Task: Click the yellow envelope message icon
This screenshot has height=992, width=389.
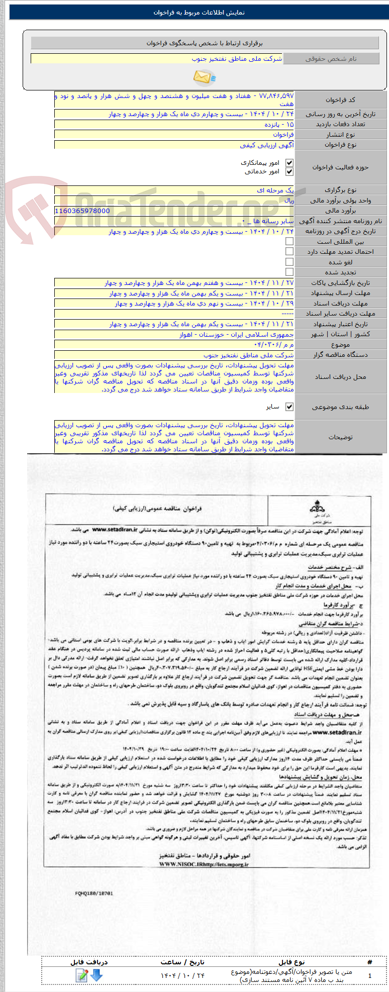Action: (204, 77)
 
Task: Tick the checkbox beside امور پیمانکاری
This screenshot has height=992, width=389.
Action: (289, 163)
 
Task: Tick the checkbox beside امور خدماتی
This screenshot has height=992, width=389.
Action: (289, 172)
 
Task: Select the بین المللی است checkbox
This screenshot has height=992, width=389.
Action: (289, 241)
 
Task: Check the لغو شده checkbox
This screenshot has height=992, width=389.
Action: (289, 262)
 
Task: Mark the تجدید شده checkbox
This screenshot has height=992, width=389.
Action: (289, 272)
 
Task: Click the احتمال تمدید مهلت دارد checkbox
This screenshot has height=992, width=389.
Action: (289, 251)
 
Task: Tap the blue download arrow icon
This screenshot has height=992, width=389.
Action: (96, 975)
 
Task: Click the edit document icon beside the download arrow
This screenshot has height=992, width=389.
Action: (82, 975)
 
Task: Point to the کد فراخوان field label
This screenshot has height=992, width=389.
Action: (340, 100)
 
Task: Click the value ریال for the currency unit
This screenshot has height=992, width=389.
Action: (289, 201)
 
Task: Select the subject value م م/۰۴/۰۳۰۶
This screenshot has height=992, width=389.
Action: (281, 345)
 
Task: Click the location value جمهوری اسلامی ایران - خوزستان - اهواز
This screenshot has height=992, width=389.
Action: (237, 334)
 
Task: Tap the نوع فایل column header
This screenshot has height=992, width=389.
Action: (291, 962)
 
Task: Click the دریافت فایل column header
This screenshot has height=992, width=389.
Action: (89, 962)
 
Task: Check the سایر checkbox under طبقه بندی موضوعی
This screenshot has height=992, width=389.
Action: (289, 407)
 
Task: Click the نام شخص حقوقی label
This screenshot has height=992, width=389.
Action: (331, 59)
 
